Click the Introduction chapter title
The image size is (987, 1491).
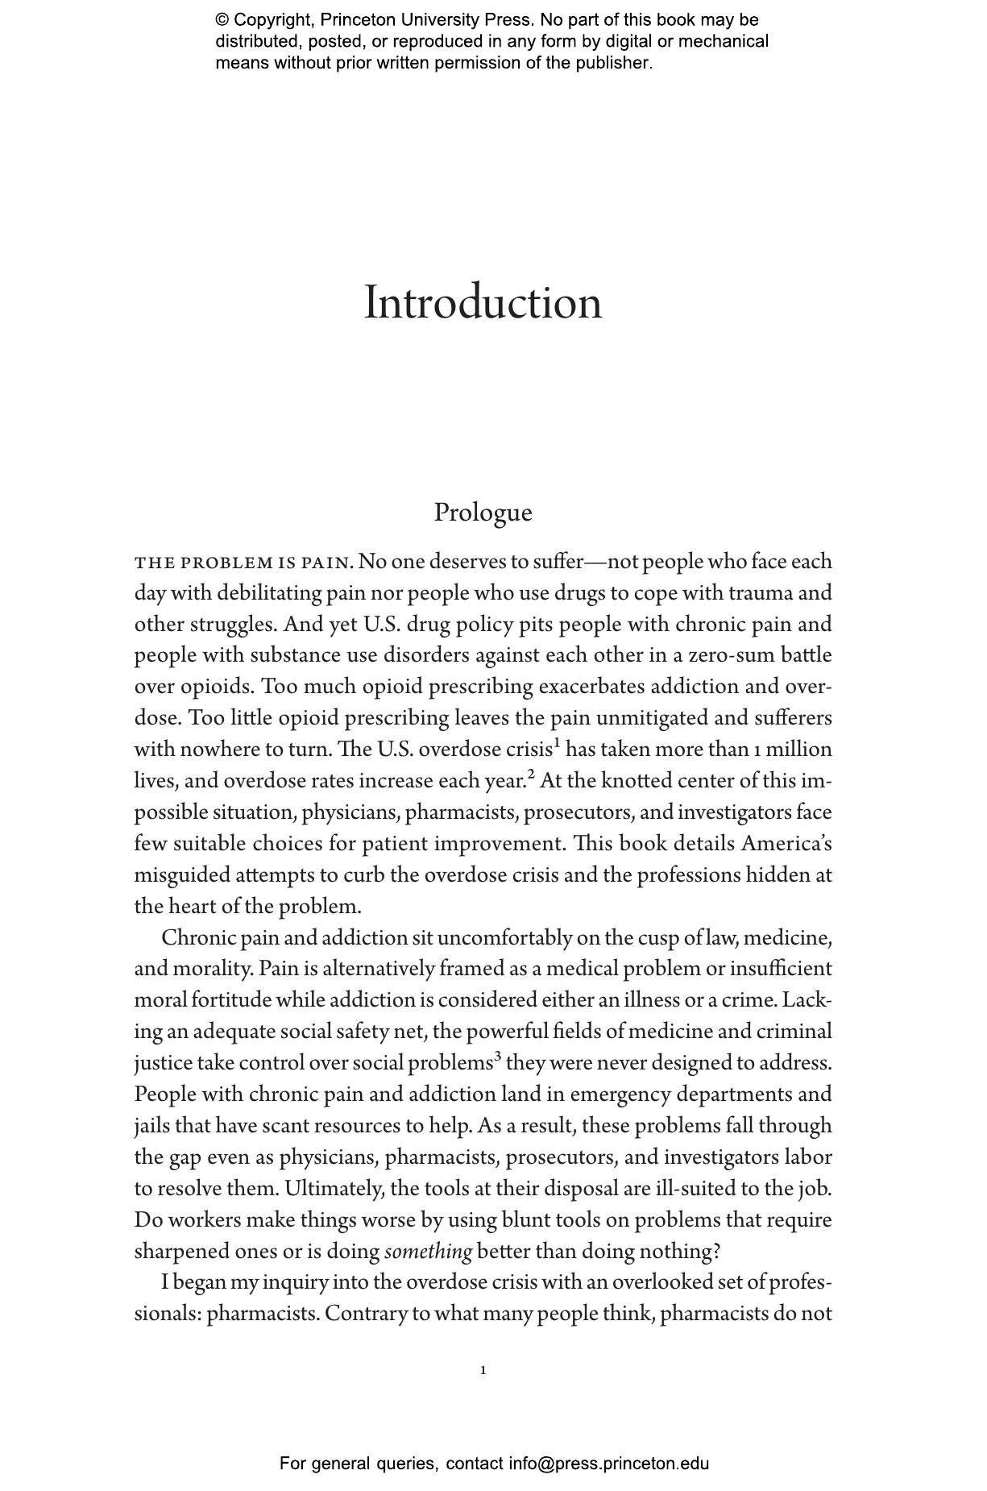coord(483,304)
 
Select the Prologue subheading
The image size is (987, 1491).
coord(483,513)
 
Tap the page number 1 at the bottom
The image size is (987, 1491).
coord(483,1370)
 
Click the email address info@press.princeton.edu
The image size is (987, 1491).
coord(608,1463)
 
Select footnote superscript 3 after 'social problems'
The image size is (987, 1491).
coord(498,1057)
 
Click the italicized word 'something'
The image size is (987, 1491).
coord(428,1252)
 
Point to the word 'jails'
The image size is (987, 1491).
coord(151,1126)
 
